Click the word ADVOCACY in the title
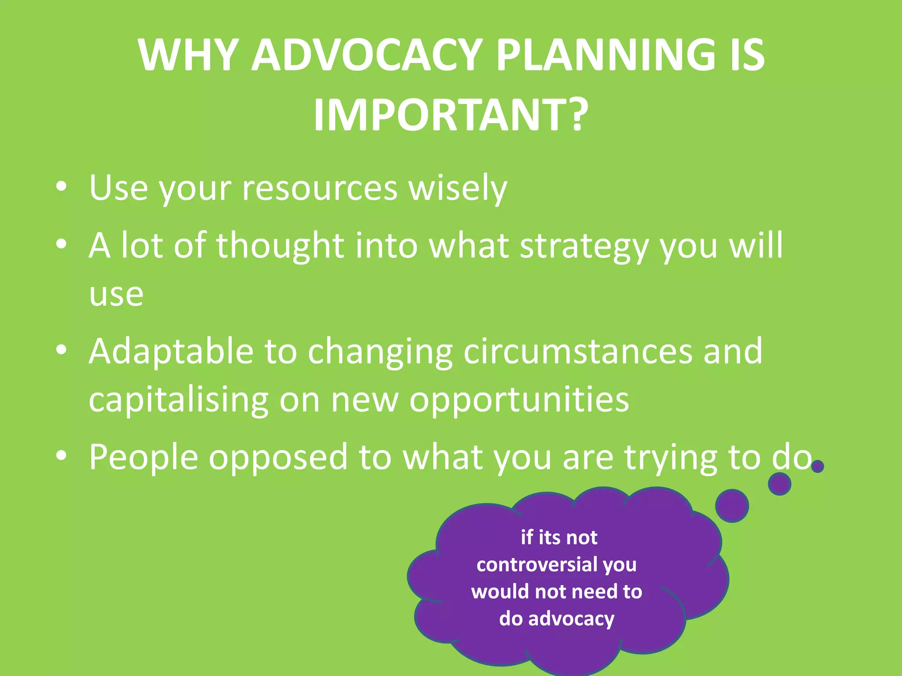[368, 55]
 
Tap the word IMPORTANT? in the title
[451, 115]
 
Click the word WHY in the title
[189, 55]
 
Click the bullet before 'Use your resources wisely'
[62, 187]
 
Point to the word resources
[320, 188]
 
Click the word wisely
[458, 188]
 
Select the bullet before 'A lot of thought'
[62, 243]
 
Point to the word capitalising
[178, 400]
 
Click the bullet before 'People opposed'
[62, 456]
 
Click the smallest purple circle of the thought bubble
[817, 466]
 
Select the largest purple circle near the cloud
[732, 506]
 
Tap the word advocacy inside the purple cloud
[571, 619]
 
